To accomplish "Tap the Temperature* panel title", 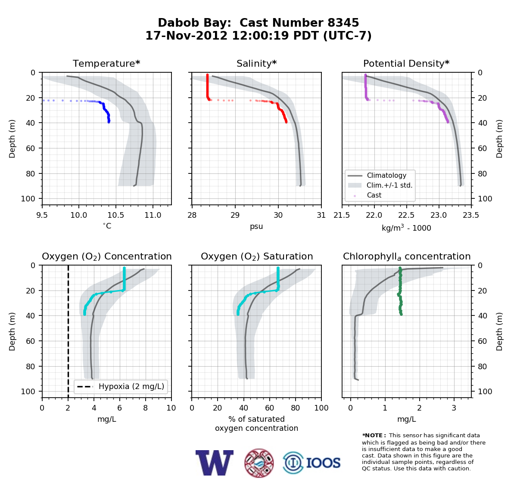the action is (x=106, y=63).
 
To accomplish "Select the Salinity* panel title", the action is (x=256, y=63).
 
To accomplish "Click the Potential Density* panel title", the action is (x=406, y=63).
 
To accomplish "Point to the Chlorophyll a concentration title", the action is (x=407, y=256).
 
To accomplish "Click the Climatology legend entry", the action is (x=386, y=175).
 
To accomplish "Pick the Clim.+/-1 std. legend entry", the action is (x=389, y=185).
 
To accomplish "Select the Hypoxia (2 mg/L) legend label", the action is (x=131, y=386).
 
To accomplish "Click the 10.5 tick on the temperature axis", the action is (x=116, y=215).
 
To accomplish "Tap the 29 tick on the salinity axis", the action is (x=235, y=215).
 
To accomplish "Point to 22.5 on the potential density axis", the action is (x=407, y=215).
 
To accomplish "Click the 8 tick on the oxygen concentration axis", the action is (x=145, y=408).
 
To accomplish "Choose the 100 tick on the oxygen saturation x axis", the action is (x=321, y=408).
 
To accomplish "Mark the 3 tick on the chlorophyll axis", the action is (x=454, y=408).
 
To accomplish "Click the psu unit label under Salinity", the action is (x=256, y=226).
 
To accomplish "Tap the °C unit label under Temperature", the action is (x=107, y=226).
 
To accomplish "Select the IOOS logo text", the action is (x=323, y=463).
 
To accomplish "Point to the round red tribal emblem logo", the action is (x=259, y=463).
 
